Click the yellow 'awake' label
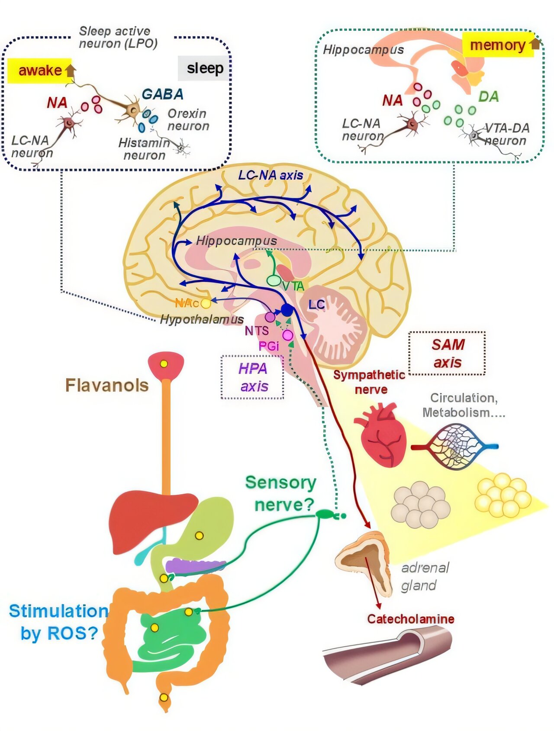40,70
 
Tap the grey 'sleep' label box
204,68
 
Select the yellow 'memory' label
498,45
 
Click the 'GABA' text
163,94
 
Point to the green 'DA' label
489,97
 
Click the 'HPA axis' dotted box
253,377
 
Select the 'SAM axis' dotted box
447,353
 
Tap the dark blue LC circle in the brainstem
287,309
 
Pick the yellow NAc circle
206,303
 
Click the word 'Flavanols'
107,385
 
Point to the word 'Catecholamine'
411,619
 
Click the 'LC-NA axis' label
271,175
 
